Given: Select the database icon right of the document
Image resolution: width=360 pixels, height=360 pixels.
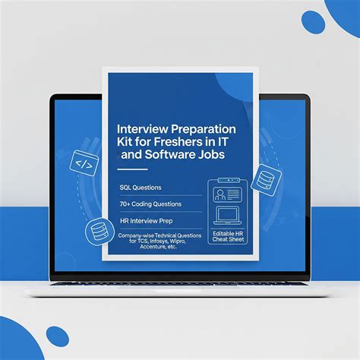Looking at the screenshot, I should tap(264, 180).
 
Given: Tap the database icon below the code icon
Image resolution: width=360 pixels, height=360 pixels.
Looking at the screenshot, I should tap(98, 230).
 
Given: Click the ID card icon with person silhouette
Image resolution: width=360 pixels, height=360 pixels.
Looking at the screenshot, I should tap(228, 194).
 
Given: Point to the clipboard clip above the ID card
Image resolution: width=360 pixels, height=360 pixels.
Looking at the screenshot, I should tap(228, 180).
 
